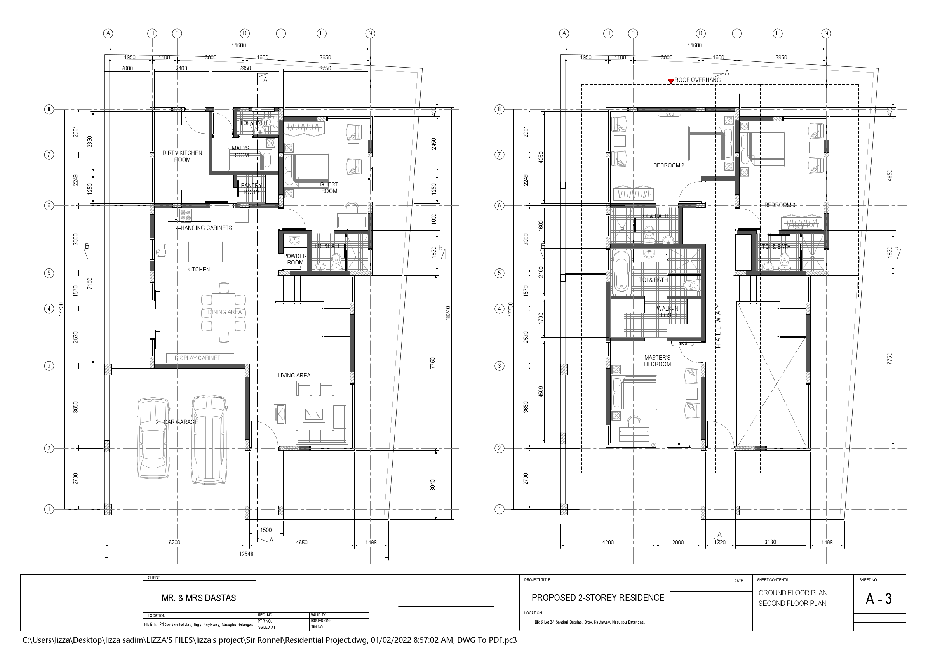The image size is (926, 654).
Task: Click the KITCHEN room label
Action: (198, 270)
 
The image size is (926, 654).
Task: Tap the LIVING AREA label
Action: (294, 376)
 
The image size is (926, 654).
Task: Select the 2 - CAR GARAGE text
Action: (177, 422)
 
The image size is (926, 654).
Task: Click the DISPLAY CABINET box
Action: (200, 358)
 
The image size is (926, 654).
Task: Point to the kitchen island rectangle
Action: (205, 252)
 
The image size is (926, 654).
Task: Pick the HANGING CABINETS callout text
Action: (206, 228)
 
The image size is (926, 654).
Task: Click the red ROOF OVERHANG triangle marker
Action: (671, 82)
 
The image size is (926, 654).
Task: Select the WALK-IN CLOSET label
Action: (667, 312)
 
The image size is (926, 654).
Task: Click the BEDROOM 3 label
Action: (780, 205)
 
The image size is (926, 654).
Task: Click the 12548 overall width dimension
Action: (246, 554)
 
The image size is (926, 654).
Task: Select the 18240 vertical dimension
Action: (448, 313)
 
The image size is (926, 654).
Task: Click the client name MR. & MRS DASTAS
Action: (199, 598)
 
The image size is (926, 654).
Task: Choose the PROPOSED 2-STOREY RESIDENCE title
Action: (598, 598)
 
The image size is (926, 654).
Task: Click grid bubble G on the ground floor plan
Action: (370, 33)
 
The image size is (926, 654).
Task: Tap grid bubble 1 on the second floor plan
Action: (499, 509)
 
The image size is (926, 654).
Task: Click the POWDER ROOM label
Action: (295, 259)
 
